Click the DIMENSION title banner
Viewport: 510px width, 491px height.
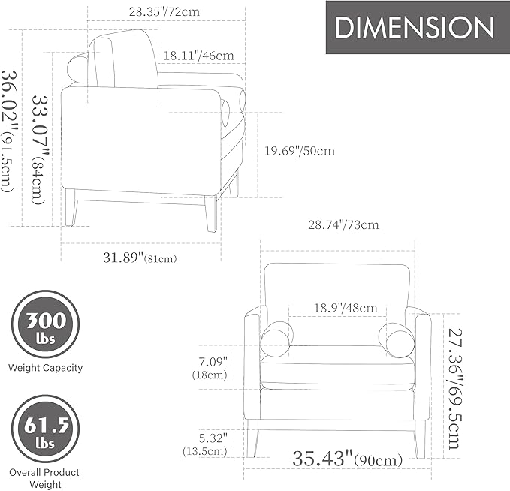click(418, 27)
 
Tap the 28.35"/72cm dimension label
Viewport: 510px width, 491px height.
click(164, 12)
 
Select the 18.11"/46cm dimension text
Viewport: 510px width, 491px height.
click(198, 56)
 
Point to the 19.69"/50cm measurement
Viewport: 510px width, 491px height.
click(299, 151)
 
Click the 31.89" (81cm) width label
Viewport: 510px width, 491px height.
click(140, 258)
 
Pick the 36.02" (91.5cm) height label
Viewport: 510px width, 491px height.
click(9, 131)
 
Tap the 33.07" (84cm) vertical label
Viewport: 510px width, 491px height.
click(40, 150)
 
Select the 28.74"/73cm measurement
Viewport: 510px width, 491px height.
click(343, 224)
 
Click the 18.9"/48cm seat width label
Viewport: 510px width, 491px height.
click(346, 308)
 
